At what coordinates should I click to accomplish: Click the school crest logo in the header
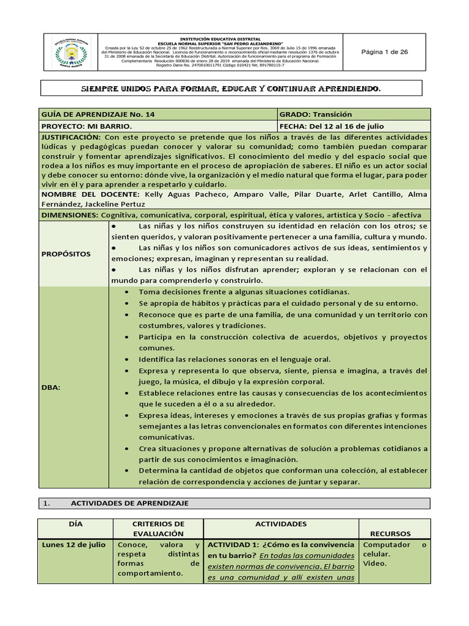pyautogui.click(x=71, y=52)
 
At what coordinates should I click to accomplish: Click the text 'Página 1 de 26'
pyautogui.click(x=385, y=52)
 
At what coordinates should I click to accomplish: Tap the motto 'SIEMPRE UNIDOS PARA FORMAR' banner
pyautogui.click(x=231, y=89)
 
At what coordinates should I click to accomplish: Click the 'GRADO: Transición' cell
pyautogui.click(x=316, y=114)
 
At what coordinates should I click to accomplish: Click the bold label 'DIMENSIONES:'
pyautogui.click(x=70, y=215)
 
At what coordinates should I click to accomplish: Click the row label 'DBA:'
pyautogui.click(x=51, y=387)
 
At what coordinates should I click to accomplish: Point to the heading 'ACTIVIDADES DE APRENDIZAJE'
pyautogui.click(x=129, y=503)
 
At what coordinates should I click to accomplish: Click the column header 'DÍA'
pyautogui.click(x=74, y=524)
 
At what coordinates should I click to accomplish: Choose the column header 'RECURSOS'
pyautogui.click(x=394, y=533)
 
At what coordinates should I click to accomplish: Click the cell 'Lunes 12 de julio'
pyautogui.click(x=73, y=545)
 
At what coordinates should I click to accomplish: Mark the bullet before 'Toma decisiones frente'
pyautogui.click(x=126, y=292)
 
